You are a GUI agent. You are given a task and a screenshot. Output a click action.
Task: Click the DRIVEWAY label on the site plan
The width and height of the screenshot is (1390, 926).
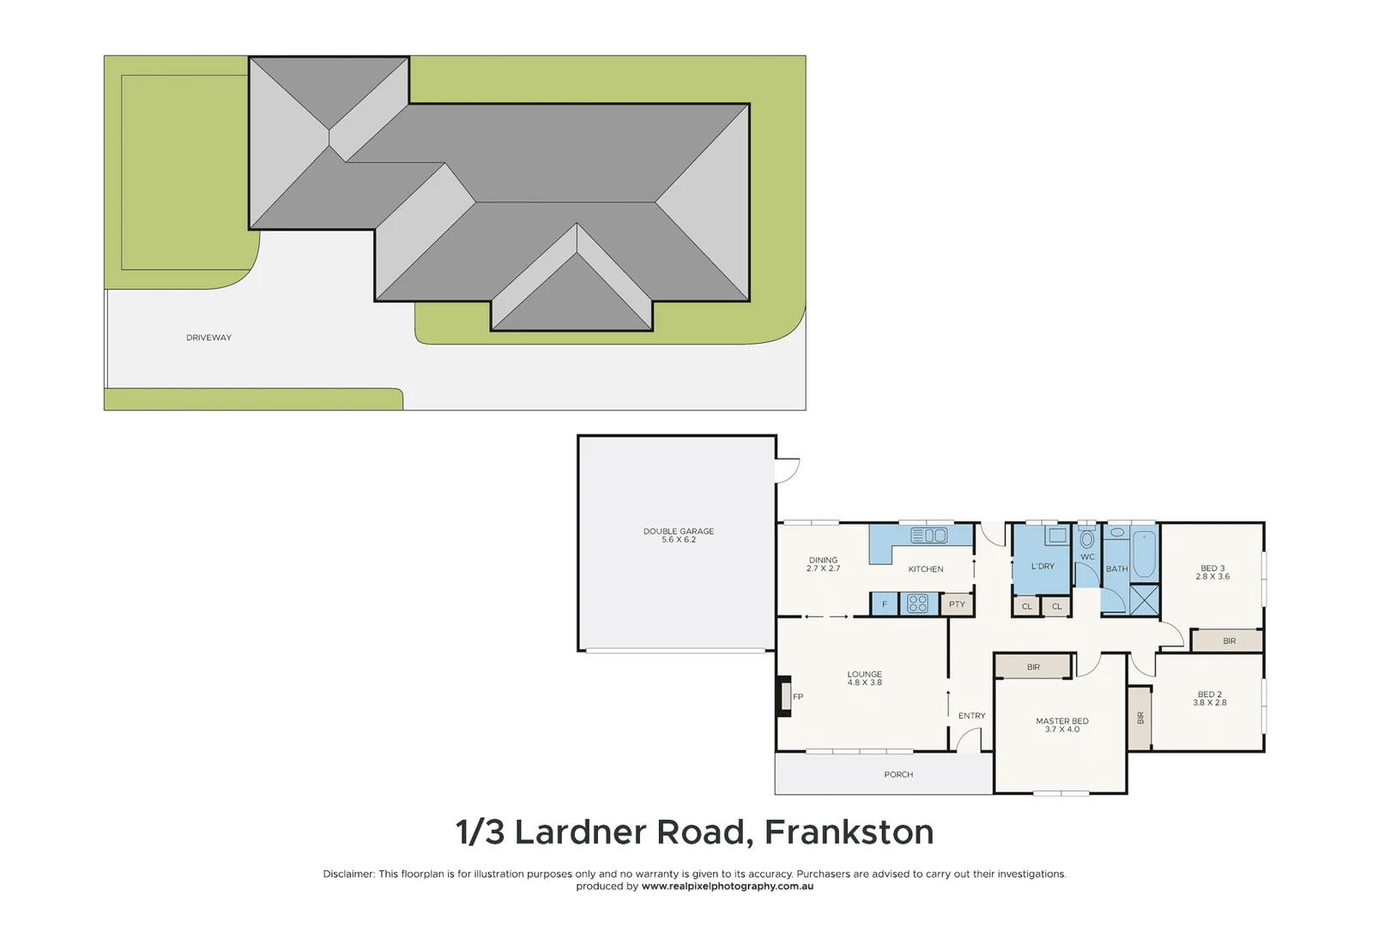pos(208,338)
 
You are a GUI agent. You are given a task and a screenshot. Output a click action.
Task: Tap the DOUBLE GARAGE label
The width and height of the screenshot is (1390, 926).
pos(678,535)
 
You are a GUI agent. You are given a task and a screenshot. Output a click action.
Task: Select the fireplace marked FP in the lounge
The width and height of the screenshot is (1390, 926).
pos(784,696)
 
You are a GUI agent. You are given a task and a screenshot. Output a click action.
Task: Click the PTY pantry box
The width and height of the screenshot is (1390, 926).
pos(957,604)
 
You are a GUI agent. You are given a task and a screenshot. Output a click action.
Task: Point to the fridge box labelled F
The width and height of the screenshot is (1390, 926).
pos(884,604)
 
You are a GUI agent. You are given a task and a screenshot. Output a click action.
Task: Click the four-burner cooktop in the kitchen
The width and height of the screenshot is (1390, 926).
pos(917,604)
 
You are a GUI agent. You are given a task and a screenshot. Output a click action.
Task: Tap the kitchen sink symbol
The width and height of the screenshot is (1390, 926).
pos(928,536)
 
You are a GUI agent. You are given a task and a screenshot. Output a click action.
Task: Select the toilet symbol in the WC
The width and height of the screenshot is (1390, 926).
pos(1087,539)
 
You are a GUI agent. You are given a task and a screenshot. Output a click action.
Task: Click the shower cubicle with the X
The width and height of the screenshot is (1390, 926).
pos(1144,599)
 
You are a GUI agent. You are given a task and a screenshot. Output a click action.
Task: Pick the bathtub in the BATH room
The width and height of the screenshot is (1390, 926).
pos(1144,555)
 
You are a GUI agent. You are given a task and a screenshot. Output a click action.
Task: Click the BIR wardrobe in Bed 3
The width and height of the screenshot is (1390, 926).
pos(1228,640)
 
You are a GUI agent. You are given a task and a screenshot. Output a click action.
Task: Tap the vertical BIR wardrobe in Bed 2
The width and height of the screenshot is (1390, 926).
pos(1139,719)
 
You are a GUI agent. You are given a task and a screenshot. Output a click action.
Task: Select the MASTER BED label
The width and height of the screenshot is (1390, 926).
pos(1061,725)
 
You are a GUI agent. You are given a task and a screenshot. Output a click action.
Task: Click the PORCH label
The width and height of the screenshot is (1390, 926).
pos(898,774)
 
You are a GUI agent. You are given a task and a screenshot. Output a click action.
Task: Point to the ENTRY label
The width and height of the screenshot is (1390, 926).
pos(971,716)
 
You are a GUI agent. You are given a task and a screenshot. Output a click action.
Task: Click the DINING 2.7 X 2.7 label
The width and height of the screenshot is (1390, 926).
pos(823,564)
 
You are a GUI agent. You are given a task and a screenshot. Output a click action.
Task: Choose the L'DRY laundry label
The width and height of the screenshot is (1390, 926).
pos(1042,566)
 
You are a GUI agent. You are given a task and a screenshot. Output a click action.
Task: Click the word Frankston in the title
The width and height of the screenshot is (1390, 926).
pos(849,833)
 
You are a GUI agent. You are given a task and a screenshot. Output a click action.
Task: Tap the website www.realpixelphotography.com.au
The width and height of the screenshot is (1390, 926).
pos(727,887)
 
